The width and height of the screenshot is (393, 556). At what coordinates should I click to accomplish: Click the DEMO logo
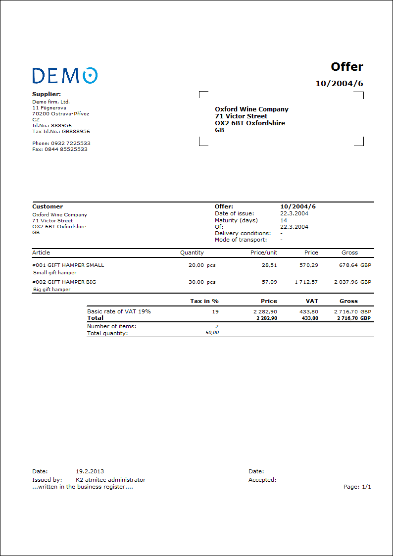65,75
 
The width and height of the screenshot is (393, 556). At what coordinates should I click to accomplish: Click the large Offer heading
347,67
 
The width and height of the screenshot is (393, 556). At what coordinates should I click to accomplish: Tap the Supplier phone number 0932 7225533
71,143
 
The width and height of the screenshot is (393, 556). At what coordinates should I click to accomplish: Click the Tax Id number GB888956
76,132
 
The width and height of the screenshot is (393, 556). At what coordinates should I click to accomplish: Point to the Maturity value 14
284,220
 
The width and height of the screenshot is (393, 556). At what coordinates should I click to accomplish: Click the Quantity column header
192,253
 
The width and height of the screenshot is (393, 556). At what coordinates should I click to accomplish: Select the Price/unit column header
264,253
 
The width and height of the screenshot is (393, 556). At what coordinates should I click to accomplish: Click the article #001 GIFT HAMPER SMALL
68,265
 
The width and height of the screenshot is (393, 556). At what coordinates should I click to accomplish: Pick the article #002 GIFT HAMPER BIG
64,282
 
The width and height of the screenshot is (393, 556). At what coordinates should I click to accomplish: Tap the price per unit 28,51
269,265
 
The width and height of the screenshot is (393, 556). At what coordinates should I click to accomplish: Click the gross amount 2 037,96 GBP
352,282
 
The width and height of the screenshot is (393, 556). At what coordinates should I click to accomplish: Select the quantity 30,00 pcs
202,282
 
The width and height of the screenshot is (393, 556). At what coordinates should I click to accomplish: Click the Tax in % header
204,301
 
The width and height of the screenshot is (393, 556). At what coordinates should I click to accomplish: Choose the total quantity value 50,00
212,333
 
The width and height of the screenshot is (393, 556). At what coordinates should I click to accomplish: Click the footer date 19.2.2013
90,471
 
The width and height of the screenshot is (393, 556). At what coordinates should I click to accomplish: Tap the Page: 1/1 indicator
357,487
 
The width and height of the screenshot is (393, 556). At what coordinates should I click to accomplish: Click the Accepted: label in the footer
262,479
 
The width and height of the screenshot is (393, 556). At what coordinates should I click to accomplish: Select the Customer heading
48,206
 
